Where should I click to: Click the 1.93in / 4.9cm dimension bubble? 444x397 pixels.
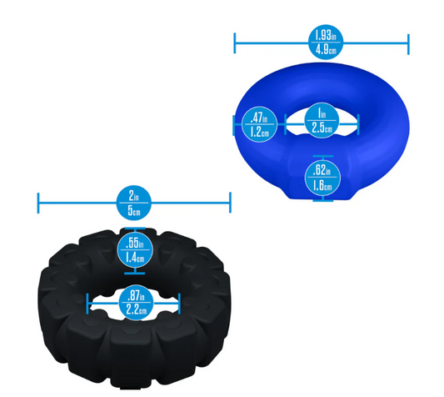tap(326, 42)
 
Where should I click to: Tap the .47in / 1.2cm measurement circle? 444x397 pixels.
tap(259, 124)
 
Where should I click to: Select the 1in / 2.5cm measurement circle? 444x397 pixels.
tap(322, 120)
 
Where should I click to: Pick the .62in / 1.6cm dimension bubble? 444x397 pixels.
tap(322, 178)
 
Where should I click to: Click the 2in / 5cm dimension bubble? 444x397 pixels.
tap(134, 203)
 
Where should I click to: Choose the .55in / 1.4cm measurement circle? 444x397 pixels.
tap(135, 251)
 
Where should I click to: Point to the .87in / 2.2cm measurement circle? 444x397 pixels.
tap(137, 303)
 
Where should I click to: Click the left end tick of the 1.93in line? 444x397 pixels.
tap(235, 43)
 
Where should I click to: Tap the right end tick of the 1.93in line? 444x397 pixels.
tap(408, 44)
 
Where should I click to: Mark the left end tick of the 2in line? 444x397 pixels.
tap(38, 203)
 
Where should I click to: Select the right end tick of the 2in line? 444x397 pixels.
tap(230, 203)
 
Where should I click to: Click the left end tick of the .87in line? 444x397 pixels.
tap(87, 304)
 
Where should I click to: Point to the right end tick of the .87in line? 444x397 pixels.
tap(179, 304)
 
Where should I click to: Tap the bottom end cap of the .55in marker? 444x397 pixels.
tap(135, 274)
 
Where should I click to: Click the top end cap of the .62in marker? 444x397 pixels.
tap(323, 156)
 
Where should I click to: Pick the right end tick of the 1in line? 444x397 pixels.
tap(358, 124)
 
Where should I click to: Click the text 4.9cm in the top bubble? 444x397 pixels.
tap(326, 50)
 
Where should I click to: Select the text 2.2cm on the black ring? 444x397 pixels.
tap(137, 309)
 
